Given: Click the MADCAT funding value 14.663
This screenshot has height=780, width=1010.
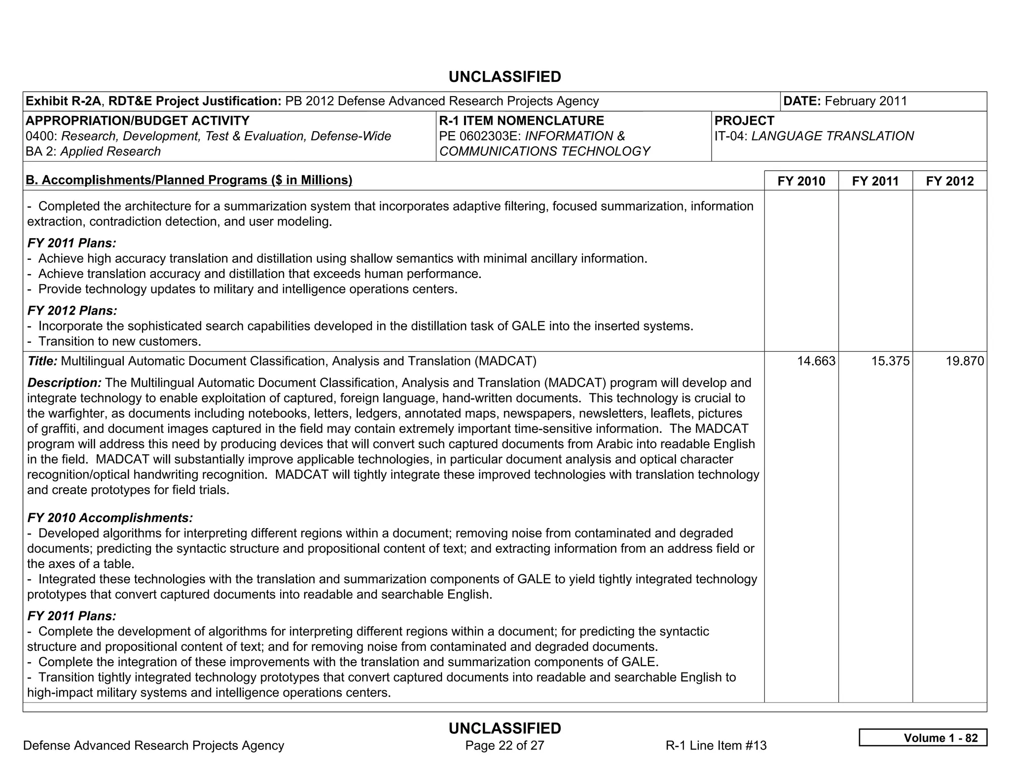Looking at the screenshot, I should tap(816, 361).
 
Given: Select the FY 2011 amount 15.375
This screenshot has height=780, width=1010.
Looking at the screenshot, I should tap(890, 361).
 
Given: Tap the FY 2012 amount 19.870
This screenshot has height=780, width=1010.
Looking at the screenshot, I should tap(964, 361).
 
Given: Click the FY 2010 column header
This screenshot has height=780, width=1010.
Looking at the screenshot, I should tap(801, 181).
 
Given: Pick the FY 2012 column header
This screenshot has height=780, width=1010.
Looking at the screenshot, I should tap(949, 181).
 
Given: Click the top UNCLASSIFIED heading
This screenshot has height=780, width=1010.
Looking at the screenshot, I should tap(505, 77).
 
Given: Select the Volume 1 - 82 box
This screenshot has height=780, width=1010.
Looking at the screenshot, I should tap(922, 738).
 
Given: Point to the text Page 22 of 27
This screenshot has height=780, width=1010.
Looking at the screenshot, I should tap(505, 745).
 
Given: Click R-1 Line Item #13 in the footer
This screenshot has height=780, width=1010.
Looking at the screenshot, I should tap(716, 745).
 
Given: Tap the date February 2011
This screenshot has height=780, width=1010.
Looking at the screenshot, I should tap(866, 101).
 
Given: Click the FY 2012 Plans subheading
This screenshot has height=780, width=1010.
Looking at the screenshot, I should tap(72, 311).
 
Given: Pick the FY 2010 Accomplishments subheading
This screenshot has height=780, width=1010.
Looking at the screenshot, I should tap(110, 518).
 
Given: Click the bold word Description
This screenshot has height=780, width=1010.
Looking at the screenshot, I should tap(64, 383).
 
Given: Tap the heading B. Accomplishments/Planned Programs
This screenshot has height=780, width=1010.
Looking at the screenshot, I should tap(189, 180).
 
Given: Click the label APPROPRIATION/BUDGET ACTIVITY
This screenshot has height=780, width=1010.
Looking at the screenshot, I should tap(137, 121).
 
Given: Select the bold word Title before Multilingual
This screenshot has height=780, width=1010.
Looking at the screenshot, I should tap(42, 361).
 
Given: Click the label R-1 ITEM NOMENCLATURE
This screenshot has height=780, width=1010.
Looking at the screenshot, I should tap(521, 121).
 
